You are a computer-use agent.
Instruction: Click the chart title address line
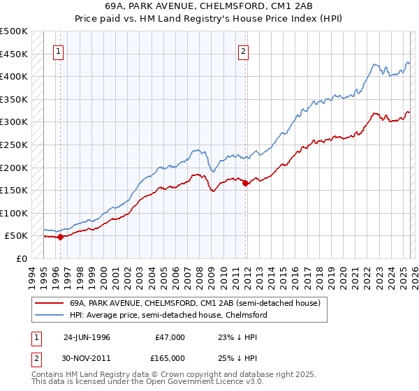click(209, 7)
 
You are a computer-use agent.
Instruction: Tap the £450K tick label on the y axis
click(14, 54)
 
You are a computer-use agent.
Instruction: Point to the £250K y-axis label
click(14, 145)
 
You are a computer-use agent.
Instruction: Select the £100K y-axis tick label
click(14, 213)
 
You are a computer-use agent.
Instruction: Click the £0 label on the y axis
click(21, 258)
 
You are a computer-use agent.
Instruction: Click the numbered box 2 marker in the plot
click(243, 50)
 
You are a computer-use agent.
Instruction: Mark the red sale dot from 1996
click(61, 237)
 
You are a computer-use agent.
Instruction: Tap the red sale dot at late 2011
click(246, 183)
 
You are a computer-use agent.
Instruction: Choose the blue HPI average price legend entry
click(168, 316)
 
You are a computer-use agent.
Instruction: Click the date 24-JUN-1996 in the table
click(87, 337)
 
